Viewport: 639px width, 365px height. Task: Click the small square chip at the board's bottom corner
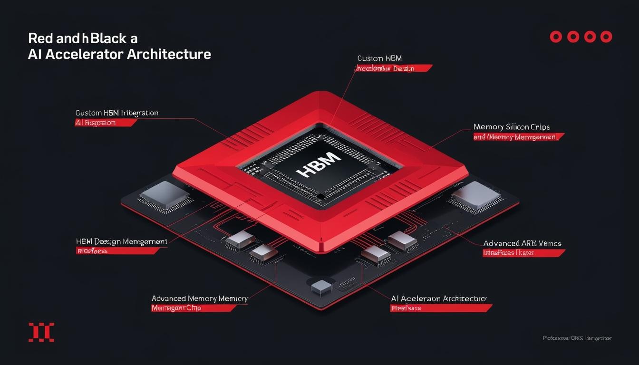(x=321, y=286)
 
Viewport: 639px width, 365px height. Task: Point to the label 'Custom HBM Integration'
(x=117, y=113)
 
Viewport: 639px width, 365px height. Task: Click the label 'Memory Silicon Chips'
(x=512, y=127)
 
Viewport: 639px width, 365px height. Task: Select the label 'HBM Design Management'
(x=121, y=241)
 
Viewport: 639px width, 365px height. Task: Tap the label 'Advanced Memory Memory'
(x=200, y=298)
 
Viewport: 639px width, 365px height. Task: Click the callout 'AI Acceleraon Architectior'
(x=438, y=298)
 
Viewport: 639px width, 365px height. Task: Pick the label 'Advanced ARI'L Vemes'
(x=522, y=243)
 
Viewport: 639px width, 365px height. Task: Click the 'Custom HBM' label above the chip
(x=379, y=58)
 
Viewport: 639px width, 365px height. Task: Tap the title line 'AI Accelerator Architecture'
(x=119, y=54)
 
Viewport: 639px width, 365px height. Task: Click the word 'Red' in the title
(x=39, y=38)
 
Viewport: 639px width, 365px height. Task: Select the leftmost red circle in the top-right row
(x=556, y=37)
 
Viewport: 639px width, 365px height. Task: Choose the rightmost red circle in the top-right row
(x=606, y=37)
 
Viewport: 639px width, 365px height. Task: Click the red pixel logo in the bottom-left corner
(x=41, y=332)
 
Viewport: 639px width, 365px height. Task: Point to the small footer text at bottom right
(x=577, y=338)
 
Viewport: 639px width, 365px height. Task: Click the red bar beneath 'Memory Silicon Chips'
(x=518, y=137)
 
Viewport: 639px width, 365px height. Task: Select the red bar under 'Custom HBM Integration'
(x=106, y=123)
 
